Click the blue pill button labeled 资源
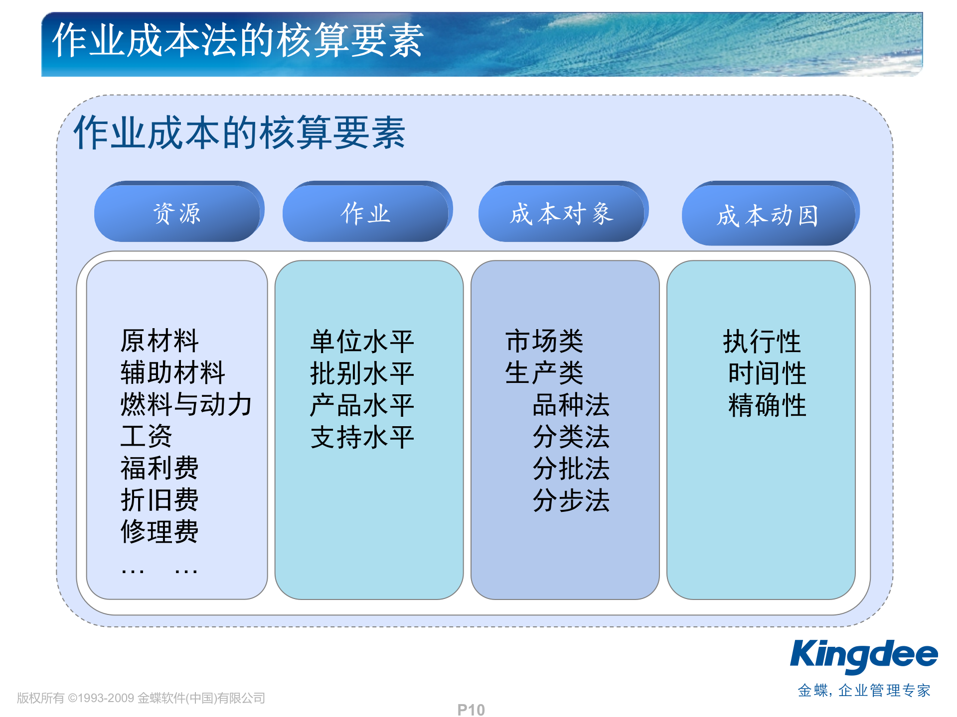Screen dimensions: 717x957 pos(177,214)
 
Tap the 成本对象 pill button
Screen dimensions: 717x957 pos(561,214)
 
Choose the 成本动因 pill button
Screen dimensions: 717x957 pos(768,216)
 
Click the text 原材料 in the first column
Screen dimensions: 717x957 pos(159,341)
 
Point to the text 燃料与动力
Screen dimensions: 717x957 pos(186,404)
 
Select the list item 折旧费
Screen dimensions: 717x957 pos(159,499)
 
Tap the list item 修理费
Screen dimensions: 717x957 pos(159,531)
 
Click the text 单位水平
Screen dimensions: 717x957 pos(362,342)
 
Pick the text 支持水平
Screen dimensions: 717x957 pos(362,437)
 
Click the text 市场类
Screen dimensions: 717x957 pos(544,341)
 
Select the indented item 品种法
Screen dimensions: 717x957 pos(571,405)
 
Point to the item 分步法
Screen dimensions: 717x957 pos(571,500)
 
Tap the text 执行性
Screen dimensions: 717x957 pos(762,342)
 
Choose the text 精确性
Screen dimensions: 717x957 pos(767,405)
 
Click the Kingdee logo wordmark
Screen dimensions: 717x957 pos(864,656)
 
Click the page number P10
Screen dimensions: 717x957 pos(471,710)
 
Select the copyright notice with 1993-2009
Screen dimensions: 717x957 pos(141,698)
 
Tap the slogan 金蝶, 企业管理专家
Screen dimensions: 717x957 pos(864,691)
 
